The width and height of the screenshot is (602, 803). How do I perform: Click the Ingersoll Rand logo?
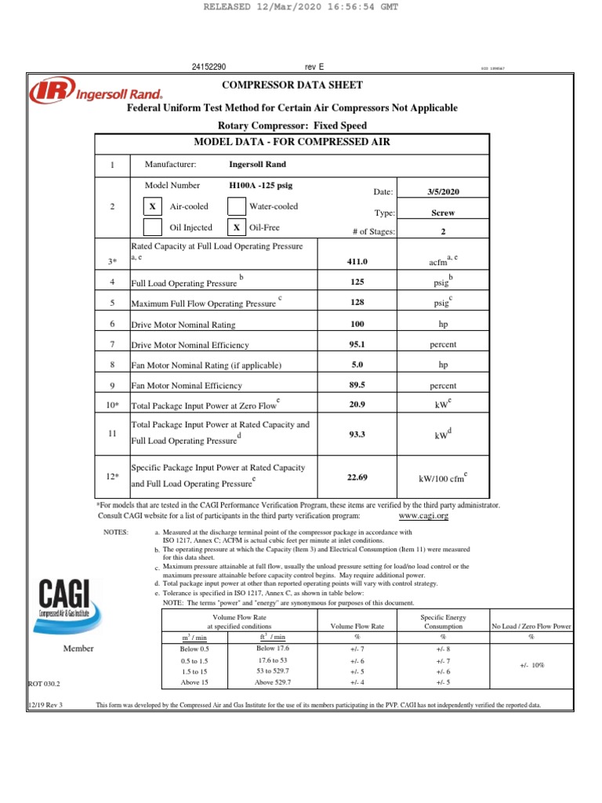point(78,93)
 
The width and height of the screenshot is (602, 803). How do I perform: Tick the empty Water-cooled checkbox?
point(236,206)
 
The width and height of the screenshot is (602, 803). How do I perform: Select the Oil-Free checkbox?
point(236,227)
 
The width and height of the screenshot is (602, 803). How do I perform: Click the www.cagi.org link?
point(423,516)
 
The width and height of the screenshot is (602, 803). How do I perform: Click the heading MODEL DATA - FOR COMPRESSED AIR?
point(292,142)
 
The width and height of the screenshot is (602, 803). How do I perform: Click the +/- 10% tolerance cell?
point(532,664)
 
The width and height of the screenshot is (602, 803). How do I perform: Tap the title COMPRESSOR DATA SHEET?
point(292,85)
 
